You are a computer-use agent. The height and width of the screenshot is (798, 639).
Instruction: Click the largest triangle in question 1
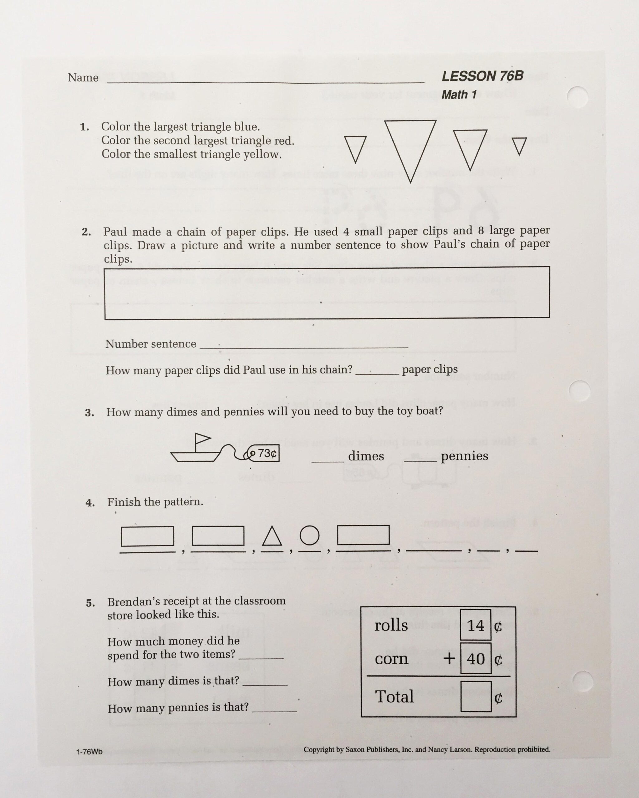(410, 142)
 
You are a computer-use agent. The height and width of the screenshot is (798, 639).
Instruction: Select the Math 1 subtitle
(459, 95)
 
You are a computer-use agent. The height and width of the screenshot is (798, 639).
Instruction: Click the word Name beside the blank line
(83, 78)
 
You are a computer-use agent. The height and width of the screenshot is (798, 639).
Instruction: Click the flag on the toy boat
(202, 438)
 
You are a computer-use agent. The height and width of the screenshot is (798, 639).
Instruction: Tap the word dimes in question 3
(366, 456)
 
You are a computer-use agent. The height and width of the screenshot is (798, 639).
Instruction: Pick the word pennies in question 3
(464, 456)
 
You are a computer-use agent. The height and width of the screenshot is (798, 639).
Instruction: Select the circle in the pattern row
(309, 535)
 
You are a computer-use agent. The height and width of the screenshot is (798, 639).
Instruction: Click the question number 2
(86, 232)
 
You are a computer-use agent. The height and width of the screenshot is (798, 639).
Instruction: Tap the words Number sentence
(151, 344)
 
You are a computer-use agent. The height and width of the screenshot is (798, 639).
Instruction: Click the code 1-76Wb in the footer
(89, 752)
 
